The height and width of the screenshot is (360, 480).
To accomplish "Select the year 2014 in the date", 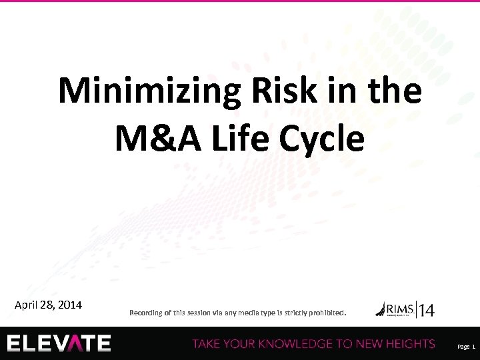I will tap(70, 305).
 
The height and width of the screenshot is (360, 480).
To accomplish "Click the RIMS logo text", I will tap(397, 308).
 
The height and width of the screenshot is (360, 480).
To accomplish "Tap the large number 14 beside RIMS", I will tap(426, 310).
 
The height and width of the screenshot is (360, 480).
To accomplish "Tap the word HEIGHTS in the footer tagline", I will tap(406, 344).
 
